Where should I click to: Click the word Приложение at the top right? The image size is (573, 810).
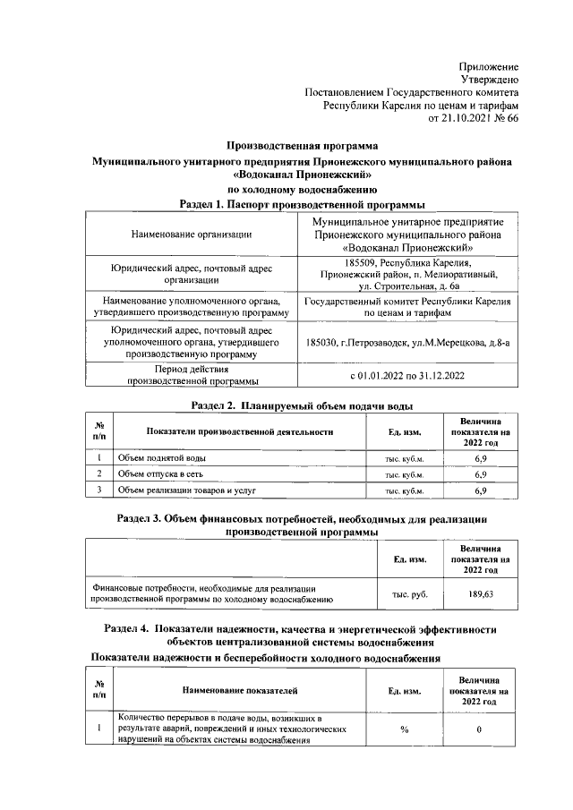click(488, 67)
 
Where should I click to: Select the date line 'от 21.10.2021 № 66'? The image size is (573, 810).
click(474, 117)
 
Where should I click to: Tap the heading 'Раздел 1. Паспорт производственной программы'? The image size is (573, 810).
click(302, 204)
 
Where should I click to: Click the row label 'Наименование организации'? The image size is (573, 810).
click(191, 234)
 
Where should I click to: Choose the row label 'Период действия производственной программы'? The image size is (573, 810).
click(191, 375)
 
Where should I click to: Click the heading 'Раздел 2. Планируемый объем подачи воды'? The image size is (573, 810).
click(302, 405)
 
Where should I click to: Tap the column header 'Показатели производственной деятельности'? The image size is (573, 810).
click(239, 431)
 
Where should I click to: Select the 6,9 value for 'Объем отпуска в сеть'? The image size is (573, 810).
click(480, 473)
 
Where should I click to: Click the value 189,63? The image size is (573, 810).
click(480, 593)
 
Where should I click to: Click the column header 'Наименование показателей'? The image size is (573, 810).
click(239, 690)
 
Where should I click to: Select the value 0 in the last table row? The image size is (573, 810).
click(480, 730)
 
